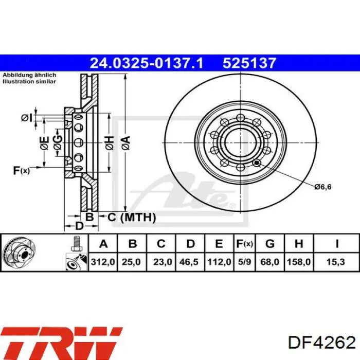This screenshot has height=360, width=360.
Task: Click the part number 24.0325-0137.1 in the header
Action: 147,63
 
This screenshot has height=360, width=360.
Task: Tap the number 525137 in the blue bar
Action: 249,63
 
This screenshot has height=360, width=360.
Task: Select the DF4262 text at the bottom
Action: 322,343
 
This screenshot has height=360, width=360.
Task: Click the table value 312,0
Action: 103,262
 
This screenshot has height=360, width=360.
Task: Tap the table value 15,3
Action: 336,262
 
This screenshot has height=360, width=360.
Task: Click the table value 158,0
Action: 299,262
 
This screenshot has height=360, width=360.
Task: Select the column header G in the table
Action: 269,244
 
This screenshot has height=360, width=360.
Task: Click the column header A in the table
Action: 103,244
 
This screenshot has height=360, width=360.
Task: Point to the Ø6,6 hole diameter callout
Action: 322,186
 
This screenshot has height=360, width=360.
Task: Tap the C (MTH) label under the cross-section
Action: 131,218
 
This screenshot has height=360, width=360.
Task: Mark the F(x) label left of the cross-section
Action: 21,171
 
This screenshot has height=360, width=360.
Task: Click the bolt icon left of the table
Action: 77,243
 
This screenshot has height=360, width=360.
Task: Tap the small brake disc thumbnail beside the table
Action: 19,253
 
